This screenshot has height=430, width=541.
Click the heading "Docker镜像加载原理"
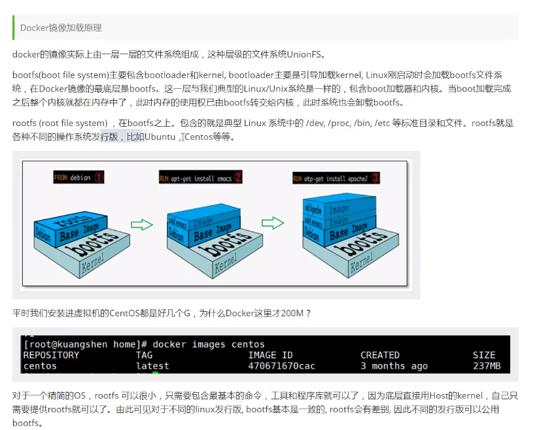(61, 28)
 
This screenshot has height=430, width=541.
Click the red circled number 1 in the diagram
(99, 177)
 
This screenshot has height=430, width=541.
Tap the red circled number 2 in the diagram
(238, 177)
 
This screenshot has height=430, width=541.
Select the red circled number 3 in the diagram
(375, 178)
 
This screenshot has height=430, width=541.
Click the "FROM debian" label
(72, 177)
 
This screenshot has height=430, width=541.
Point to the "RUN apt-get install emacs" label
(196, 178)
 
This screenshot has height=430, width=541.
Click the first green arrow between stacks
(141, 224)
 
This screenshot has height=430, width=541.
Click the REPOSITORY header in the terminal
(51, 355)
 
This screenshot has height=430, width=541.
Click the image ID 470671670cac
(281, 366)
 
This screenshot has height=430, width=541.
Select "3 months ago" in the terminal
(394, 366)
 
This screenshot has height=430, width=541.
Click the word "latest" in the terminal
(152, 366)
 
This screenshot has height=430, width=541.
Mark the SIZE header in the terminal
(484, 355)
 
